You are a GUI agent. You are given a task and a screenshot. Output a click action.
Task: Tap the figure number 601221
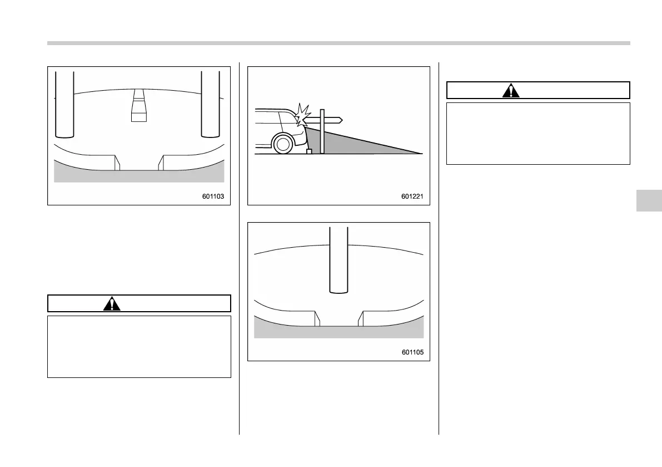coord(414,196)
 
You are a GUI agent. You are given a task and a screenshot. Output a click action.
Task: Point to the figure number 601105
coord(414,352)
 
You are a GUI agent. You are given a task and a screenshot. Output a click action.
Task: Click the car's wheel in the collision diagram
coord(283,144)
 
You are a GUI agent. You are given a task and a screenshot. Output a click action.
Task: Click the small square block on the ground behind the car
coord(310,151)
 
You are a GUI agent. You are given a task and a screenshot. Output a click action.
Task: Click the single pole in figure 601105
coord(339,259)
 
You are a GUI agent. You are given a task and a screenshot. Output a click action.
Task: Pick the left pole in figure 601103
coord(65,104)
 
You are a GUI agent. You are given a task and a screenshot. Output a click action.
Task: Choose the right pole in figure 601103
coord(211,104)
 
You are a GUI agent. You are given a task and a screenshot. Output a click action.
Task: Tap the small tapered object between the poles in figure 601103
coord(138,106)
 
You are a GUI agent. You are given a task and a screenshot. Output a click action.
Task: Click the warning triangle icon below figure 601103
coord(112,304)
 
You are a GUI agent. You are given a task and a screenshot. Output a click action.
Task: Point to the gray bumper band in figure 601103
coord(139,176)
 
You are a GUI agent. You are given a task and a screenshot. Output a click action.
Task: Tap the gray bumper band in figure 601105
coord(339,331)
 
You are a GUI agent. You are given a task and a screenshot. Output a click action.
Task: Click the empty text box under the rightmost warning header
coord(538,133)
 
